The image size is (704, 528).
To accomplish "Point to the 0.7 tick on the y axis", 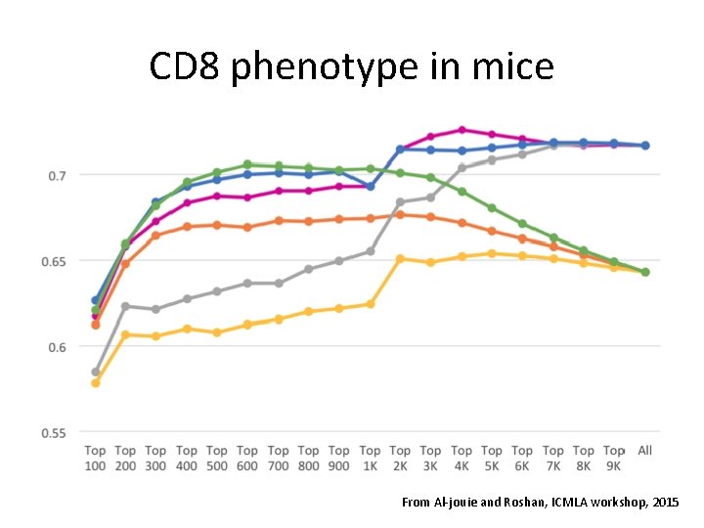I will [58, 175].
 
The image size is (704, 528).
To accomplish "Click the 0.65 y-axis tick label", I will [54, 261].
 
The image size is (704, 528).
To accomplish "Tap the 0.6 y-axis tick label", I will [58, 347].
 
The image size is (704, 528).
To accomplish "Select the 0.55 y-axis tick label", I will [54, 432].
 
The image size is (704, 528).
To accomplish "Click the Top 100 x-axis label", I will [95, 458].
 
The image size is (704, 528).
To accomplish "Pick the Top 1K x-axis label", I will [370, 458].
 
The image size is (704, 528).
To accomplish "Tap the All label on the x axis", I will [645, 451].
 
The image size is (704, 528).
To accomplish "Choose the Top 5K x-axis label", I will [492, 458].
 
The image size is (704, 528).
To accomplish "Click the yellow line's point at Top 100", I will [95, 382].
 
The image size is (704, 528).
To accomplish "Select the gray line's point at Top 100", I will [95, 372].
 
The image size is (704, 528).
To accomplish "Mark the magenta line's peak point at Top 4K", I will [462, 129].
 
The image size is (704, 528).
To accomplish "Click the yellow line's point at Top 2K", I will [400, 258].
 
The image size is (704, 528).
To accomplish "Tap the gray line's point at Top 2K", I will [400, 202].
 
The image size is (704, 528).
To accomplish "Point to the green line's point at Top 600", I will [247, 164].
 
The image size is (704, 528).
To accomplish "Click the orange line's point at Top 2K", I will [400, 214].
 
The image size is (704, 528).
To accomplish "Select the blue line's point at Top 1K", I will [370, 186].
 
